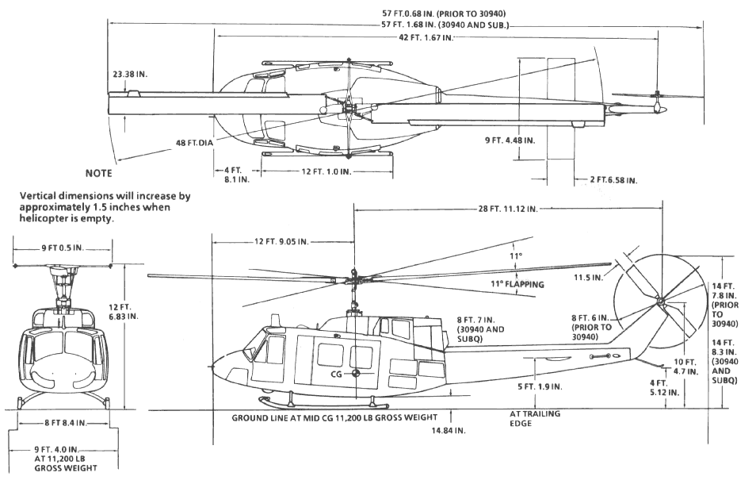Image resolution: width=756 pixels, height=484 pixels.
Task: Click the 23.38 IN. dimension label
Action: (131, 73)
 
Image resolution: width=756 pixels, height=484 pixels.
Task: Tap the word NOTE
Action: (98, 173)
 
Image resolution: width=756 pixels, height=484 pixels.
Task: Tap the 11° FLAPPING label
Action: (512, 283)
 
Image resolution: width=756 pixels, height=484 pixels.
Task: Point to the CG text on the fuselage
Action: (336, 372)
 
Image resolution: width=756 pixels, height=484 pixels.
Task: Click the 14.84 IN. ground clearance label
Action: (448, 430)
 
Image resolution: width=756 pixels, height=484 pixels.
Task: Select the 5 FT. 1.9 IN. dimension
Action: (539, 386)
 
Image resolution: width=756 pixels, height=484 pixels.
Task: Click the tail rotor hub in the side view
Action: (659, 301)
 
